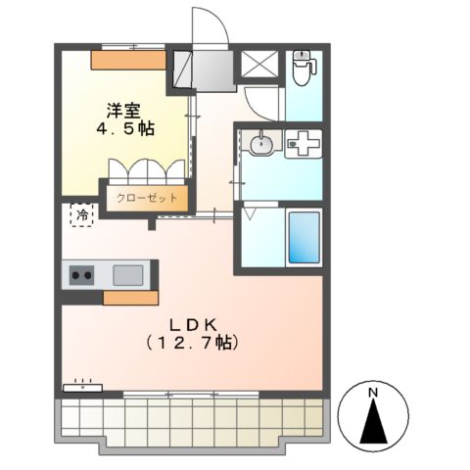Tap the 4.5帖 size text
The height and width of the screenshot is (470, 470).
click(123, 130)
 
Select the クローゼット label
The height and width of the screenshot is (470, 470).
click(147, 197)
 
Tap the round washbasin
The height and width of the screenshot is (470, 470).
click(261, 146)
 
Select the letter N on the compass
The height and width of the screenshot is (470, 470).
click(372, 395)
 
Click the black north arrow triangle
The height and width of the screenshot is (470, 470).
click(372, 423)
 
